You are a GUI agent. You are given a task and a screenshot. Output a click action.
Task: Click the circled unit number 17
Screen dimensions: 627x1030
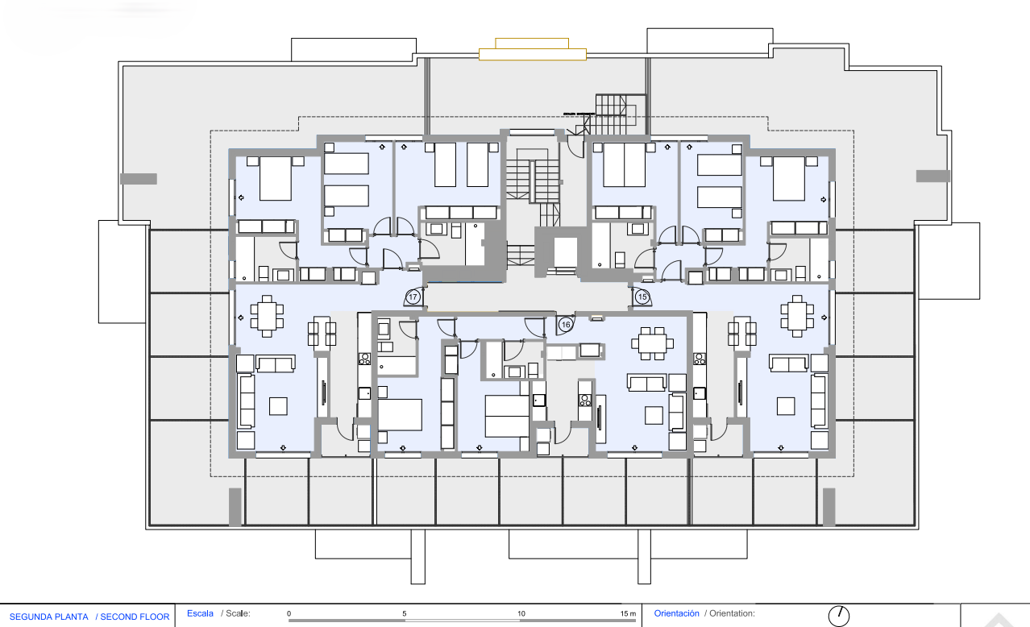[413, 297]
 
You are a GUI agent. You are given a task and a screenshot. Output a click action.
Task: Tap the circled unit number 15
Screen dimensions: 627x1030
[642, 297]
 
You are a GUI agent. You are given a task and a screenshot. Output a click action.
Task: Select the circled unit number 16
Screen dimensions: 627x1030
[566, 324]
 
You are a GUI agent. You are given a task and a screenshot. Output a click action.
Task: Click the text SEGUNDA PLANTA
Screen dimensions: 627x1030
[48, 617]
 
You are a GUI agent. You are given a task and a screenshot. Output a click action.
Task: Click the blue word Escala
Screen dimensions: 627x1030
[200, 613]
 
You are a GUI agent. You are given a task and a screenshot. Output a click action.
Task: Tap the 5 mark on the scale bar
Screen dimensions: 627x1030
[405, 614]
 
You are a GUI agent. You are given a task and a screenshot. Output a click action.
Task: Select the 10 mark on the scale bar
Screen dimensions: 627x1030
[521, 614]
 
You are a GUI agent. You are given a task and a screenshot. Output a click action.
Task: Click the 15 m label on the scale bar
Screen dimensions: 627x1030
[628, 614]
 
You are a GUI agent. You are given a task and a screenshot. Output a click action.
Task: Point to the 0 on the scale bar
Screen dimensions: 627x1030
[289, 614]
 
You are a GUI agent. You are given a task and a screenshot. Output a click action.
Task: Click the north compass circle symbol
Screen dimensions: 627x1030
[839, 615]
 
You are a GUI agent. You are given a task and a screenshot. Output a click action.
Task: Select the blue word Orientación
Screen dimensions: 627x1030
[676, 613]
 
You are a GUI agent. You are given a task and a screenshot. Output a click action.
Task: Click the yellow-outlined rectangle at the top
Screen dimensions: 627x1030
[532, 54]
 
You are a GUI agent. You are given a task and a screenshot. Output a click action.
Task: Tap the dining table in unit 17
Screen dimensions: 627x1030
[266, 315]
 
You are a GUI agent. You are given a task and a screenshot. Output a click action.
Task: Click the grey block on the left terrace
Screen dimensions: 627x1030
[138, 178]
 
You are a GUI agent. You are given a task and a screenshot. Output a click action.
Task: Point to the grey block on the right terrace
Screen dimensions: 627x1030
[932, 176]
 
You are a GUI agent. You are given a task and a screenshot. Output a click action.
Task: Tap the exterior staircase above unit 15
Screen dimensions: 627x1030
[621, 113]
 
